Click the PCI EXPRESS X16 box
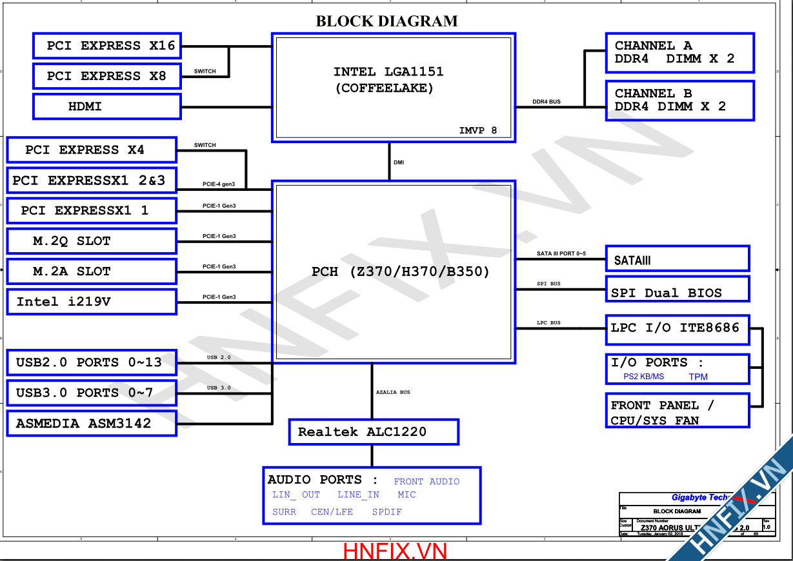(106, 46)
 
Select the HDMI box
(106, 106)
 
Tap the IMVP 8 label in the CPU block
(477, 130)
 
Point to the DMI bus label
(399, 162)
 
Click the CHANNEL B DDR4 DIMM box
(679, 100)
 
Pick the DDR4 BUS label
(546, 102)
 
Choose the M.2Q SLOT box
(91, 241)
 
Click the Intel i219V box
(91, 302)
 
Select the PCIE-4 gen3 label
(219, 184)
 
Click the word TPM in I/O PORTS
(698, 377)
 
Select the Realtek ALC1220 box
(373, 432)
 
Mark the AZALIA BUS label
(393, 392)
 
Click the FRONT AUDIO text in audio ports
(427, 482)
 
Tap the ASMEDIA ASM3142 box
(91, 424)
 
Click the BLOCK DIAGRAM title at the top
(386, 21)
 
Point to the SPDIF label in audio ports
(386, 512)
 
